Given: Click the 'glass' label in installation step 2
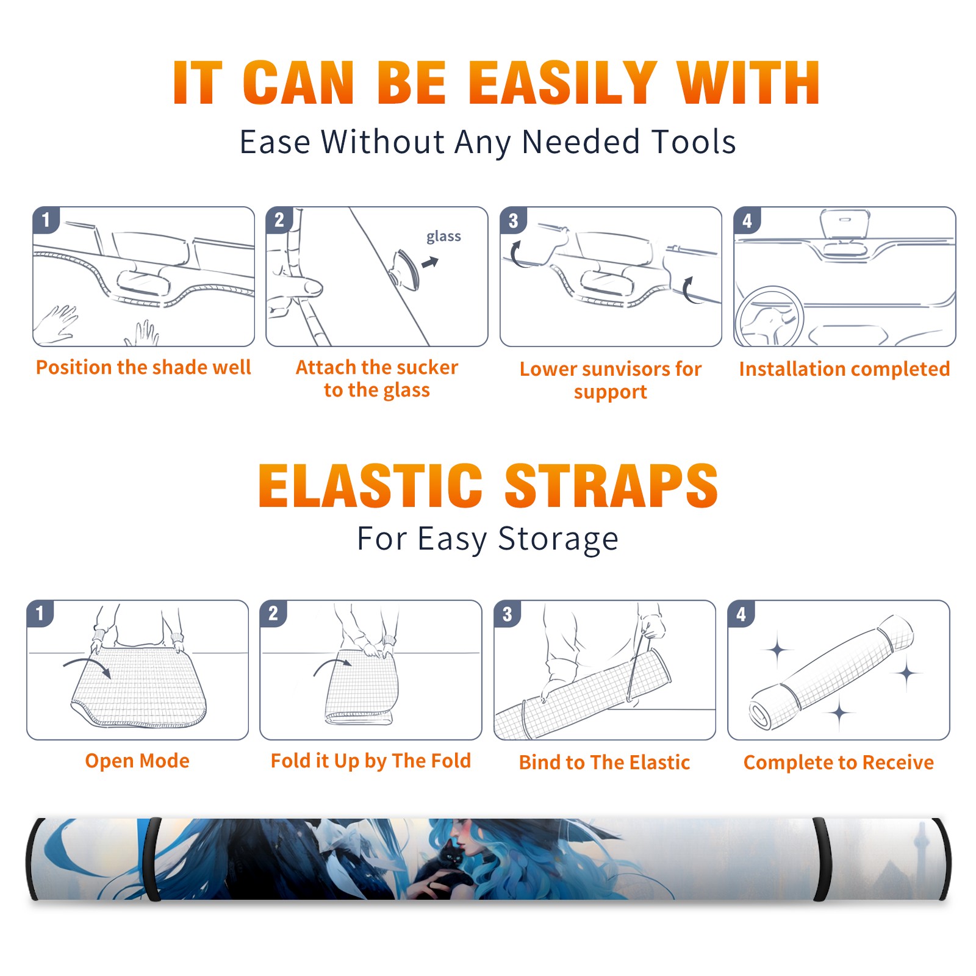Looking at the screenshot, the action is tap(443, 237).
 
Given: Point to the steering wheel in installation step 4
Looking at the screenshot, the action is tap(769, 317).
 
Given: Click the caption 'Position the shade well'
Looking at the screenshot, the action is tap(143, 367).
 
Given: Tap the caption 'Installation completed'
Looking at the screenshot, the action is tap(844, 369).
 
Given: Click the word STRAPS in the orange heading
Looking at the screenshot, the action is tap(611, 486).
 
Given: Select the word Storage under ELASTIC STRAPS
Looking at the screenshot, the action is tap(558, 539).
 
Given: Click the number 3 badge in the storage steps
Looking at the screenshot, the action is tap(508, 614).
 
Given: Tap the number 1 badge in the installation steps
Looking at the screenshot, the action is tap(46, 220).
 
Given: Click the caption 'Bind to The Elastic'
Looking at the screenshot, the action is tap(605, 762).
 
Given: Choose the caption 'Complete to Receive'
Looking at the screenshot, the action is tap(839, 762).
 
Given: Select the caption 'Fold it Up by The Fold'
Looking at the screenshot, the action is tap(371, 761).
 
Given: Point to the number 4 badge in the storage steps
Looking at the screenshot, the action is tap(741, 614).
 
